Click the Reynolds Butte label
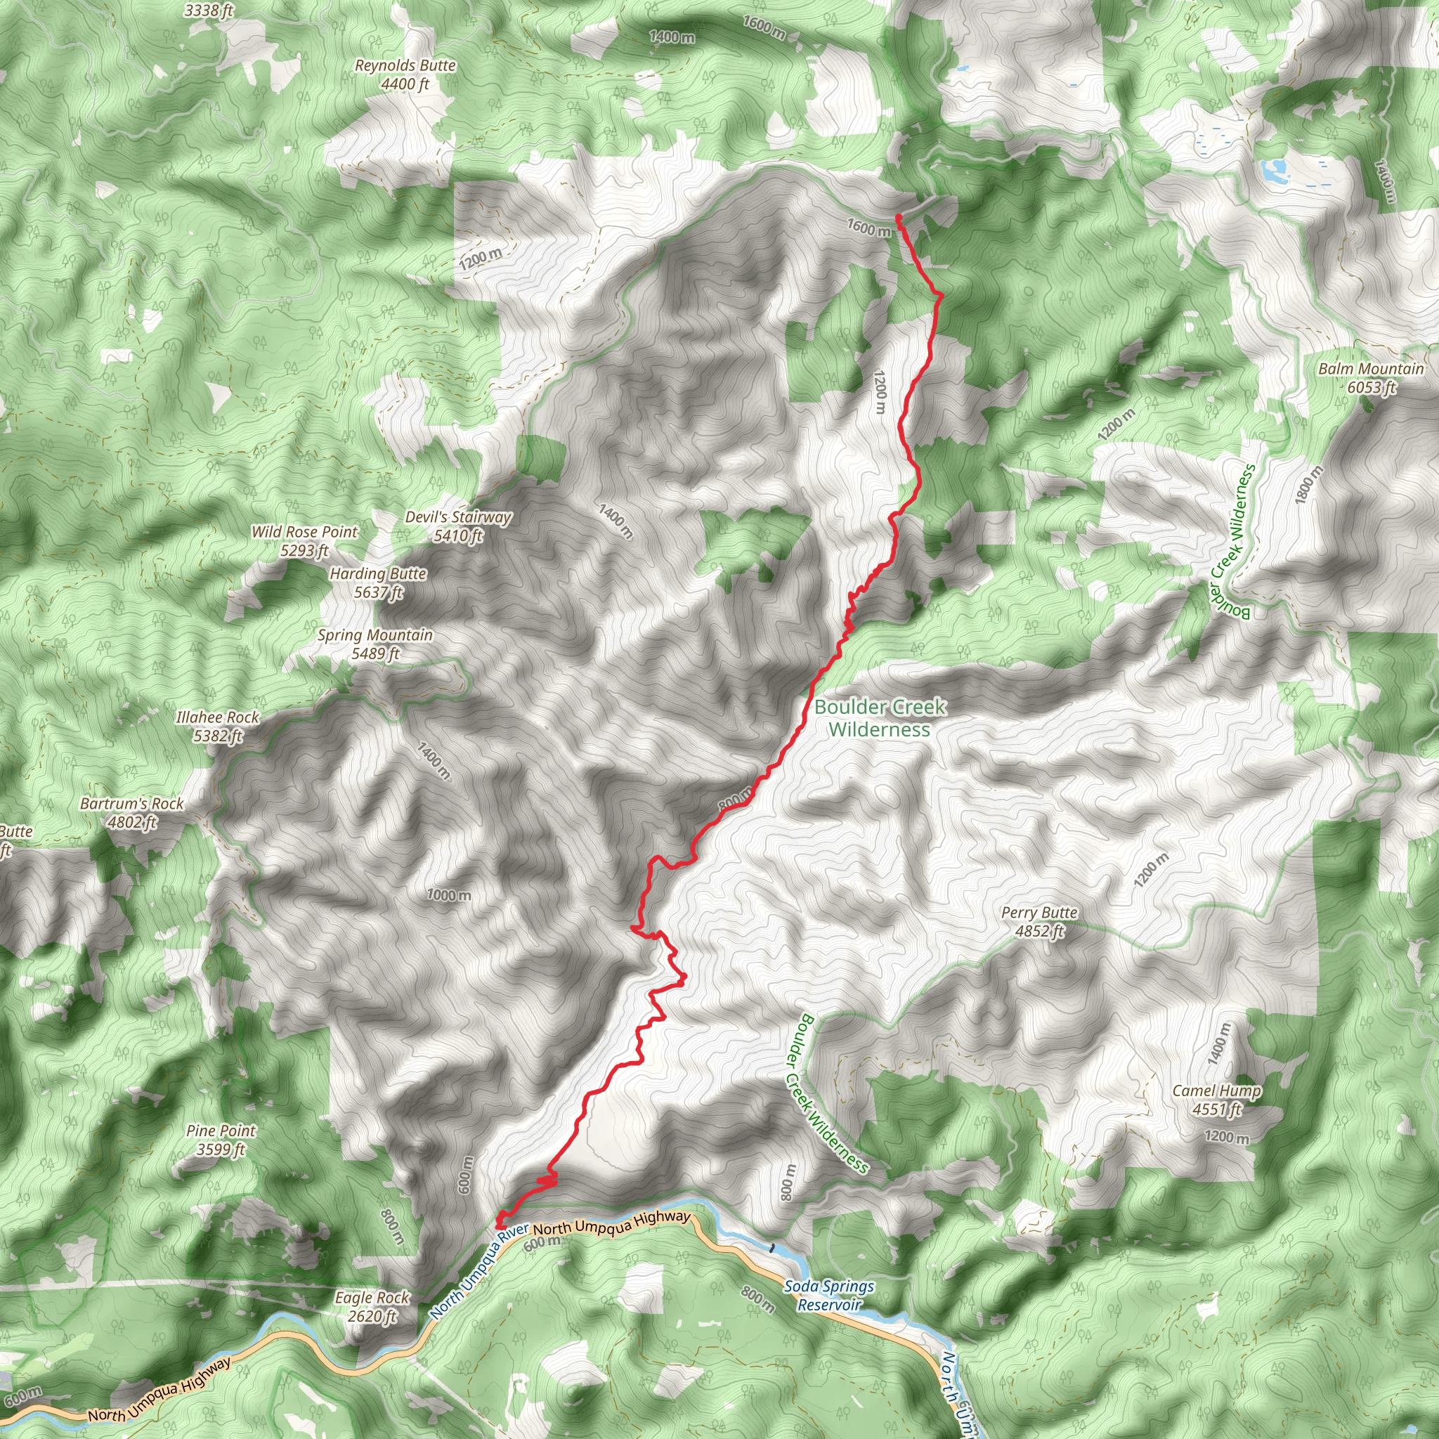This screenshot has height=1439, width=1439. click(405, 74)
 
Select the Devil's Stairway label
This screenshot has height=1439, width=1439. click(458, 526)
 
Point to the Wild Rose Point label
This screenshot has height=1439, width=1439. click(305, 541)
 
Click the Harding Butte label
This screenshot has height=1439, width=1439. click(379, 582)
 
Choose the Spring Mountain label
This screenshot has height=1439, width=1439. click(375, 644)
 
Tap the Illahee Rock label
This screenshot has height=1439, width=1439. click(218, 727)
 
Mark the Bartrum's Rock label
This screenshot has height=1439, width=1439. click(132, 813)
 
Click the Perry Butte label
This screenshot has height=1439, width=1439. click(1039, 921)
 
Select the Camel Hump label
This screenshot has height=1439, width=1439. click(1216, 1100)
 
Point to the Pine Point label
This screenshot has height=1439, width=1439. click(221, 1140)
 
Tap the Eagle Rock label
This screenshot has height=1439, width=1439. click(372, 1306)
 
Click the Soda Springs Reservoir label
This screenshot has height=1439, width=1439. click(829, 1295)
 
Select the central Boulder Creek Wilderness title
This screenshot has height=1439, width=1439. click(880, 718)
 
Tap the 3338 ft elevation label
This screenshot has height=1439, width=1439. click(209, 11)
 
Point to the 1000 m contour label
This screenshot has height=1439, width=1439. click(448, 894)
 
